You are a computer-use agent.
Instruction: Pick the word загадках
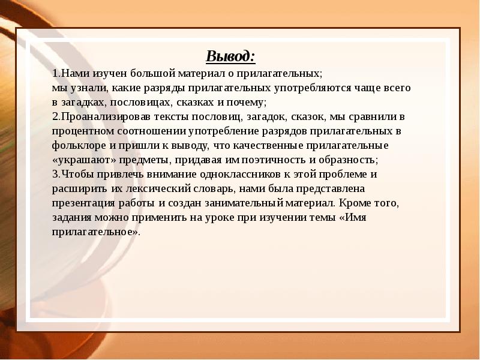83,103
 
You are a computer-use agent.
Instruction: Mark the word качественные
268,146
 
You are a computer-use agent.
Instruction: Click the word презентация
83,203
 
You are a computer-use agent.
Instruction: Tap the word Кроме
354,203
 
